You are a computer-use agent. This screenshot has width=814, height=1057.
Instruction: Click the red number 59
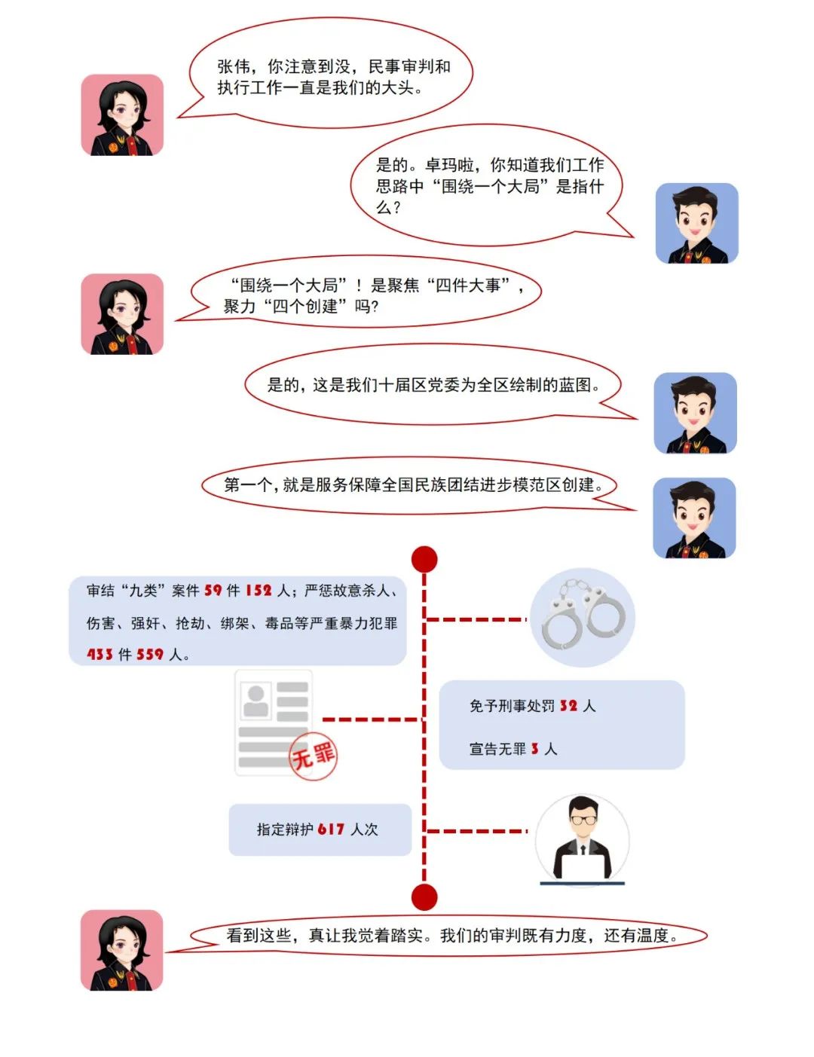tap(213, 591)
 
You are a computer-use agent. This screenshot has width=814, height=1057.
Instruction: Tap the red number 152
tap(259, 591)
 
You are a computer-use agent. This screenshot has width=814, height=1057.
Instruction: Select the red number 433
tap(99, 654)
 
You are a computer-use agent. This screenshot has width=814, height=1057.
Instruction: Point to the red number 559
tap(150, 654)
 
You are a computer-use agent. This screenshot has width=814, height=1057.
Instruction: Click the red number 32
tap(568, 705)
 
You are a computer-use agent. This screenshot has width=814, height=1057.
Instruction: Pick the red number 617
tap(331, 829)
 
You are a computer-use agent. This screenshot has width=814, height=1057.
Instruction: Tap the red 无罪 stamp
tap(314, 756)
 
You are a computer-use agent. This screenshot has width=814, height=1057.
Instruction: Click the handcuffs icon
tap(583, 615)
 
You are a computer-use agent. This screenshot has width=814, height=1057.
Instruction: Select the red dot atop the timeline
tap(424, 559)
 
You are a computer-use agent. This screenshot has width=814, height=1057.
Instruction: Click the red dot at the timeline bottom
tap(424, 897)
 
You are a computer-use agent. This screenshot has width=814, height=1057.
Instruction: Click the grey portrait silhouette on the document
tap(256, 700)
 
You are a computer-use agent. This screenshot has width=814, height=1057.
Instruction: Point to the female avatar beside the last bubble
tap(121, 950)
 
